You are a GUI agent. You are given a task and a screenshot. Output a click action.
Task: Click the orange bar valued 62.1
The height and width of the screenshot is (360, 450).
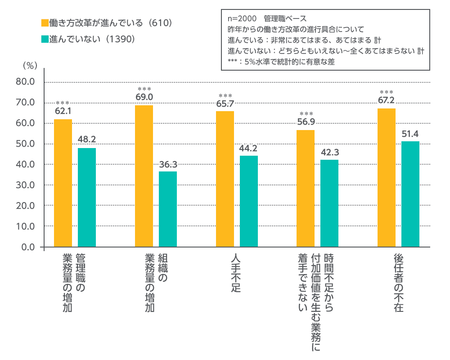pos(63,183)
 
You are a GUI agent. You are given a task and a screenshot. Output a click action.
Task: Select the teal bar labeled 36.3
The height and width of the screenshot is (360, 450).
pos(167,209)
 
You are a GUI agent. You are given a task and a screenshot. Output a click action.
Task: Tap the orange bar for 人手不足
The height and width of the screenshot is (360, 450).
pos(225,179)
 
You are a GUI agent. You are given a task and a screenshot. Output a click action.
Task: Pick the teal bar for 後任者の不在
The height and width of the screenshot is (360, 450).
pos(410,194)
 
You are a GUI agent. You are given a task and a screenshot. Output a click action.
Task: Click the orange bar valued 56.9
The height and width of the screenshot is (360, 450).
pos(306,189)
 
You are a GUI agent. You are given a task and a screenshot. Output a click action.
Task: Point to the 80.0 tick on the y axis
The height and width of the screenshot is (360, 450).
pos(25,82)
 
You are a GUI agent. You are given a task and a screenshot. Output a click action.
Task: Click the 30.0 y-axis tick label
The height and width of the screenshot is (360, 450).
pos(25,185)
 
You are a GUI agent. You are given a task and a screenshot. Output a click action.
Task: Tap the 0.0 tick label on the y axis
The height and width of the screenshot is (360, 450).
pos(28,247)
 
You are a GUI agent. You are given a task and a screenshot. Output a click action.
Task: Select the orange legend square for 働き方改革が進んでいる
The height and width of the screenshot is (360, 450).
pos(45,23)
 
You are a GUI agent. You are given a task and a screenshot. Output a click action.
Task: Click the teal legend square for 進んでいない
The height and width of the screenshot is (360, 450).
pos(45,39)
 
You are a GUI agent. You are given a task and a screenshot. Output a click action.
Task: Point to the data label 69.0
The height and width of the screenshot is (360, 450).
pos(144,97)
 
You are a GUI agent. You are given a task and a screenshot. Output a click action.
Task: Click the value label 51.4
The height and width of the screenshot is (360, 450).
pos(410,134)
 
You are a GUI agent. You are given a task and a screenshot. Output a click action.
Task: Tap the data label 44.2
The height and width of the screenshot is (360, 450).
pos(248,148)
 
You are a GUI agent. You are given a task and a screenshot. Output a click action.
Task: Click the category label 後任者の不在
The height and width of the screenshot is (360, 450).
pos(399,283)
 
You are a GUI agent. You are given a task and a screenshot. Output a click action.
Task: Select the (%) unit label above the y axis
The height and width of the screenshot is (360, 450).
pos(30,66)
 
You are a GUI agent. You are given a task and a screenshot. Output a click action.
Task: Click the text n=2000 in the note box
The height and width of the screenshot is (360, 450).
pos(242,18)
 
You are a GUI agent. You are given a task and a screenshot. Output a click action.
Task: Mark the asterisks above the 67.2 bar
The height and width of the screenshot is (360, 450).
pos(386,92)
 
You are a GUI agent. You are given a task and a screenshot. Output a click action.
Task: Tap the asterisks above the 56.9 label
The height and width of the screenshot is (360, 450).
pos(306,114)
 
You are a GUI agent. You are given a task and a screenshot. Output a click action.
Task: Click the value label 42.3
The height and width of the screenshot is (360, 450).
pos(330,152)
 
